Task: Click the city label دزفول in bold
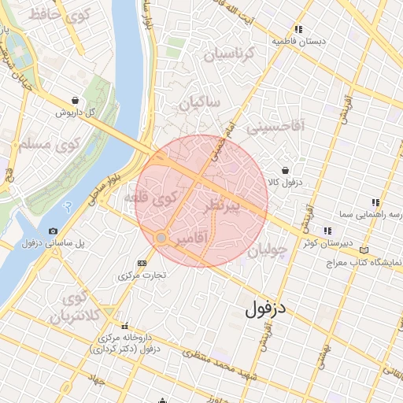(x=268, y=309)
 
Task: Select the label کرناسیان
(x=230, y=54)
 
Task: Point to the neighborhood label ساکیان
(x=199, y=103)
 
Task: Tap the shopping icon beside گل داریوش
(x=74, y=101)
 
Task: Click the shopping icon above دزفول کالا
(x=285, y=170)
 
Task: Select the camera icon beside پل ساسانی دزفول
(x=53, y=231)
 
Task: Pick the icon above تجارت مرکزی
(x=142, y=263)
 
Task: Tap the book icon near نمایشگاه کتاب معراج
(x=364, y=250)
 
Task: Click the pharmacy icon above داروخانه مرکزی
(x=124, y=327)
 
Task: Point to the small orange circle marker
(x=161, y=237)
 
